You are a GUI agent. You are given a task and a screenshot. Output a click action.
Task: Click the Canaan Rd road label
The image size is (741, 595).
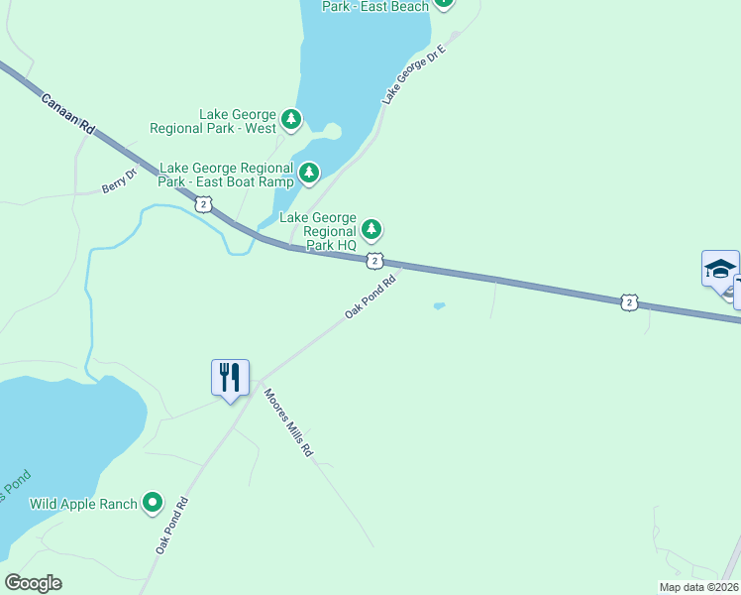68,115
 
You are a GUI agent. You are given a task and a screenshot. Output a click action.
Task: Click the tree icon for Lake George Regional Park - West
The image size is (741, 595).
290,120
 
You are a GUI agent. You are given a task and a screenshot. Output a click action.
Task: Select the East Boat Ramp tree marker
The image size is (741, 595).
309,175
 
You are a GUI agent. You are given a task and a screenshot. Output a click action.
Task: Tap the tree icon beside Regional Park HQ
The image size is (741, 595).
371,231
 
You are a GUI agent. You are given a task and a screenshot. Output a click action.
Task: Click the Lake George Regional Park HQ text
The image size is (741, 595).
318,231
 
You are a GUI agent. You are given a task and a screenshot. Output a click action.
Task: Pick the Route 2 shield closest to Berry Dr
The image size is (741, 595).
203,203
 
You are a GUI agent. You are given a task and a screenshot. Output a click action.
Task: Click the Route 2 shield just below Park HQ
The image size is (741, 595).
374,260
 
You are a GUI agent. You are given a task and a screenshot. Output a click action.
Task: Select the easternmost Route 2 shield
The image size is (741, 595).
629,301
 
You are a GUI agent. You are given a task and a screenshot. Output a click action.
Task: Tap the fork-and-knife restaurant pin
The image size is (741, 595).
230,378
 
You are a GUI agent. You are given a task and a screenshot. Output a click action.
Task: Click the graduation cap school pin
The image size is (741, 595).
720,269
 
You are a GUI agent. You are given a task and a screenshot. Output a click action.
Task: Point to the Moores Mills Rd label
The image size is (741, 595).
288,421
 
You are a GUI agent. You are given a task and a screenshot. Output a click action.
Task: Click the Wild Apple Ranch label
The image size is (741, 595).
83,504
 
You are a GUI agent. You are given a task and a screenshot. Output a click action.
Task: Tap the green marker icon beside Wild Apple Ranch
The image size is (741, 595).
153,503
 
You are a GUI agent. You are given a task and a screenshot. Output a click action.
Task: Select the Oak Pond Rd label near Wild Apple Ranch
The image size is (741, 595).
171,526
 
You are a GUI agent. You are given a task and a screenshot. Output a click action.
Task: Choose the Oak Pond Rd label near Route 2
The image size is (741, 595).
370,297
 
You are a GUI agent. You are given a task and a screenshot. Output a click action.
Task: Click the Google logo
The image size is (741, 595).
33,582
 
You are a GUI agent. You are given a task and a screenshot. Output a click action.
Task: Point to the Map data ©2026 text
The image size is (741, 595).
698,587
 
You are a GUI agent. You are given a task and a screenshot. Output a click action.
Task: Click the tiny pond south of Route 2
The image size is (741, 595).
439,305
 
